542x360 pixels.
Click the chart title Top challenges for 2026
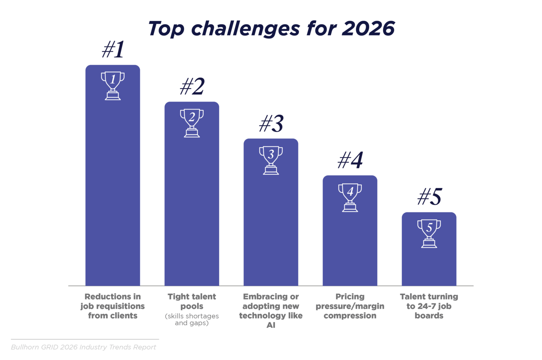(x=271, y=29)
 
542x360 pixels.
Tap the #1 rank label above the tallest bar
(x=113, y=49)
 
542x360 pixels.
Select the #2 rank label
(x=192, y=86)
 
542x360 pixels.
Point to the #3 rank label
(x=271, y=123)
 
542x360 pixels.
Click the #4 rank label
(x=350, y=160)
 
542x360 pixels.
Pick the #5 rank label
(x=429, y=197)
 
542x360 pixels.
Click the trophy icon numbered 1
(x=113, y=85)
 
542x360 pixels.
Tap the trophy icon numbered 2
(x=192, y=123)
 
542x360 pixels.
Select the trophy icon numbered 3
(x=271, y=160)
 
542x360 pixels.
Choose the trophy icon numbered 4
(x=350, y=197)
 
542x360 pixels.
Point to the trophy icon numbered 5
(x=429, y=233)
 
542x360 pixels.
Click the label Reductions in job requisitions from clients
(x=113, y=306)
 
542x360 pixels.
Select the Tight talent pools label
(x=192, y=301)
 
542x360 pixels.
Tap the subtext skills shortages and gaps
(x=192, y=319)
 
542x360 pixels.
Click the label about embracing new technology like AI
(x=271, y=311)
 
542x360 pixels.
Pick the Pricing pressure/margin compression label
(x=350, y=306)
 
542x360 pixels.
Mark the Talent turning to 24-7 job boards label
(x=429, y=306)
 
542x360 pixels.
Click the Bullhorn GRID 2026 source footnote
(x=84, y=347)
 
